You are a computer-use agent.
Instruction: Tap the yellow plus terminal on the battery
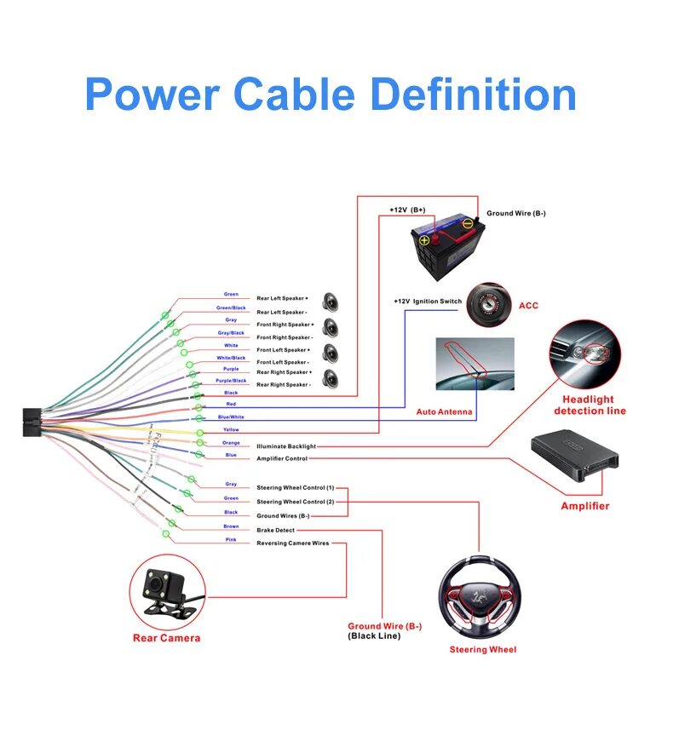click(x=424, y=241)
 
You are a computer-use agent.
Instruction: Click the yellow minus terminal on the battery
click(x=468, y=225)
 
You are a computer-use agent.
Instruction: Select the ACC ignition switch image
click(x=492, y=304)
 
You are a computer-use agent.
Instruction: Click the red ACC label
click(x=528, y=306)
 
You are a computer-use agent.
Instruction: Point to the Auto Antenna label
click(x=444, y=412)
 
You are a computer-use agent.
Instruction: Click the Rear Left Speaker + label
click(x=283, y=299)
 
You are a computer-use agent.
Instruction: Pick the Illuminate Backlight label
click(x=286, y=446)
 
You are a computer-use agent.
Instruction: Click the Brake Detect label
click(x=276, y=531)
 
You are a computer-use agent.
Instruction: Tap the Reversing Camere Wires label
click(x=292, y=543)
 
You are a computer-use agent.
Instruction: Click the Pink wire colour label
click(x=231, y=540)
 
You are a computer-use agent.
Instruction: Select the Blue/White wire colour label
click(x=231, y=417)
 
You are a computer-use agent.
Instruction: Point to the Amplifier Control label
click(x=282, y=459)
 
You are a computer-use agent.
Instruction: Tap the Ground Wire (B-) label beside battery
click(x=516, y=214)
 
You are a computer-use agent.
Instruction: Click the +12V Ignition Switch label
click(x=428, y=302)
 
